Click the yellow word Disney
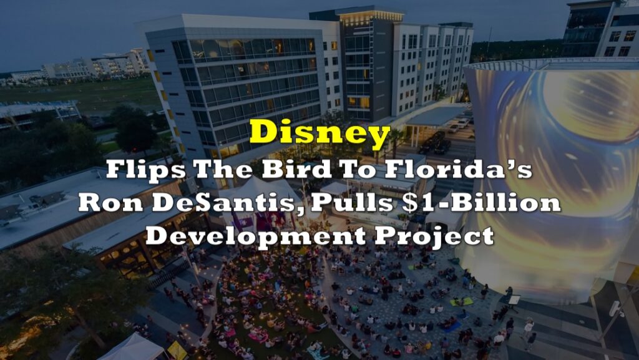tap(320, 134)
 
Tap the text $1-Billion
tap(481, 202)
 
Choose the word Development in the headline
tap(255, 235)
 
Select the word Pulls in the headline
tap(353, 202)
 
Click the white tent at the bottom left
tap(132, 347)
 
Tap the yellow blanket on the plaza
tap(462, 302)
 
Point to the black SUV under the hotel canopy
tap(442, 146)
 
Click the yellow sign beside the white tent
tap(177, 350)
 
